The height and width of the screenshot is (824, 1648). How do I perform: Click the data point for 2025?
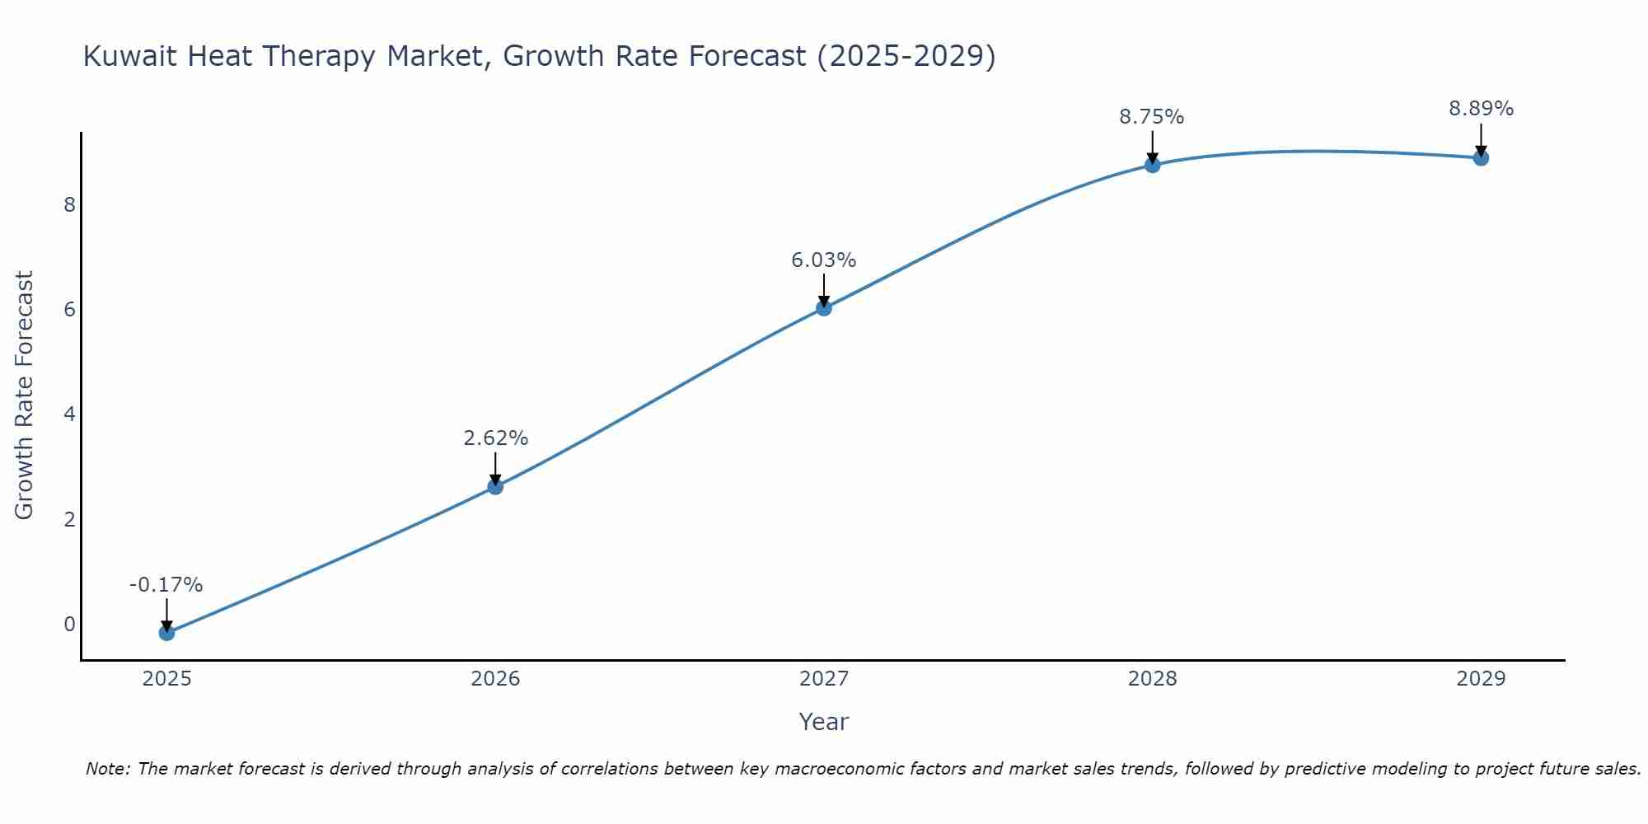(166, 633)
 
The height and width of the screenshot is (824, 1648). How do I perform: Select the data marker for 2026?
(495, 487)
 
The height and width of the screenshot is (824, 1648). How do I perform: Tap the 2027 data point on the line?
(824, 308)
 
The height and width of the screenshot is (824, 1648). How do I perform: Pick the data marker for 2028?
(1152, 165)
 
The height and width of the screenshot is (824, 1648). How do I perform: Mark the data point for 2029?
(1481, 158)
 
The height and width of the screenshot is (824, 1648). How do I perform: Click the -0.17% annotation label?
(166, 585)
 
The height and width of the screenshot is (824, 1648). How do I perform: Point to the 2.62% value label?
(495, 438)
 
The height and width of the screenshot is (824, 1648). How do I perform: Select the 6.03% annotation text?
(824, 260)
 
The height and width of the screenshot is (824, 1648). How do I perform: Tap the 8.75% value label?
(1151, 117)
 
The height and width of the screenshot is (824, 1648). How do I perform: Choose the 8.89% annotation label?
(1481, 109)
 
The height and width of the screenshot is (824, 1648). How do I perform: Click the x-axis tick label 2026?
(495, 679)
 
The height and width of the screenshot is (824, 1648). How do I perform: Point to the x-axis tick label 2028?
(1152, 679)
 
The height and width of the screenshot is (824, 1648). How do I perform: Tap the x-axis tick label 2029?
(1481, 679)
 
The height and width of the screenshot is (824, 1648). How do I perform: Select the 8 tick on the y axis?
(70, 204)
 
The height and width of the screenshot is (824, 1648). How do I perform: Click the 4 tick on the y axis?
(70, 414)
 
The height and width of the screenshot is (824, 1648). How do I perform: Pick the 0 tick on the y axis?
(70, 624)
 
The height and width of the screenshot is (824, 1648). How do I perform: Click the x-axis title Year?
(823, 722)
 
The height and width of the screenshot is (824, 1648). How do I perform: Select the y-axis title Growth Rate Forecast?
(25, 396)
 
